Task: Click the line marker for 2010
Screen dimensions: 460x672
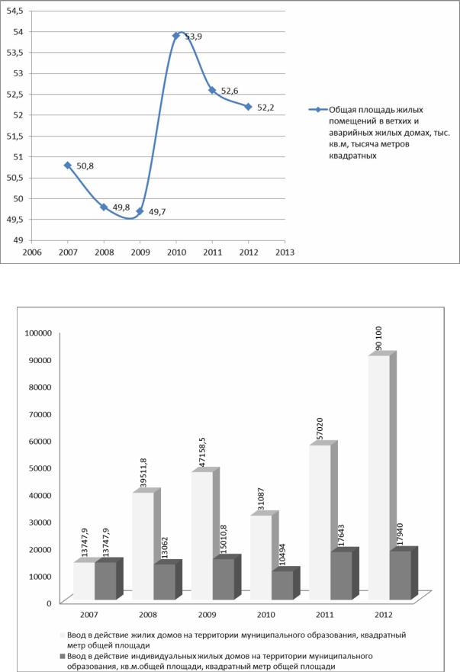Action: pos(176,36)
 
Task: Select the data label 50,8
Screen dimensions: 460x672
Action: pos(85,166)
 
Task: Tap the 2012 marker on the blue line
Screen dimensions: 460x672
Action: pos(249,107)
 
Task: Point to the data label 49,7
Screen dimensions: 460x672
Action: pos(157,212)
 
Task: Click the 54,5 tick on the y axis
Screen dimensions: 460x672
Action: pos(15,11)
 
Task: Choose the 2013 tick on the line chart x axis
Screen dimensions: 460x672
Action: pos(285,252)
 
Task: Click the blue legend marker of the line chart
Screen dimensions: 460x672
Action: pos(318,110)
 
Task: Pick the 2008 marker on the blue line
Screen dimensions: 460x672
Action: pos(104,207)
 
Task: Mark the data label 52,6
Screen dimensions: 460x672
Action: pos(230,91)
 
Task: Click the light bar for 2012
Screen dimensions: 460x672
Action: pos(379,477)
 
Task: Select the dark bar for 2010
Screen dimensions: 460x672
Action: pos(282,586)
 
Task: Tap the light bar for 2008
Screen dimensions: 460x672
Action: pos(143,546)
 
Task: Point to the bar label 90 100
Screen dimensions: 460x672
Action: pos(378,339)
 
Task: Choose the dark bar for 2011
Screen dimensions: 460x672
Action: pos(341,576)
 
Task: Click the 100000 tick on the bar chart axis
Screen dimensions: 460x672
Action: pos(39,333)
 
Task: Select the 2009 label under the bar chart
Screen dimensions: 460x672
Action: pos(207,615)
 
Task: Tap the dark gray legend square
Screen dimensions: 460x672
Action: pos(62,656)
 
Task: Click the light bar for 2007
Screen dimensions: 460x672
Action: pos(84,581)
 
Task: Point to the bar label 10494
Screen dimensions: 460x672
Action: pos(282,555)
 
